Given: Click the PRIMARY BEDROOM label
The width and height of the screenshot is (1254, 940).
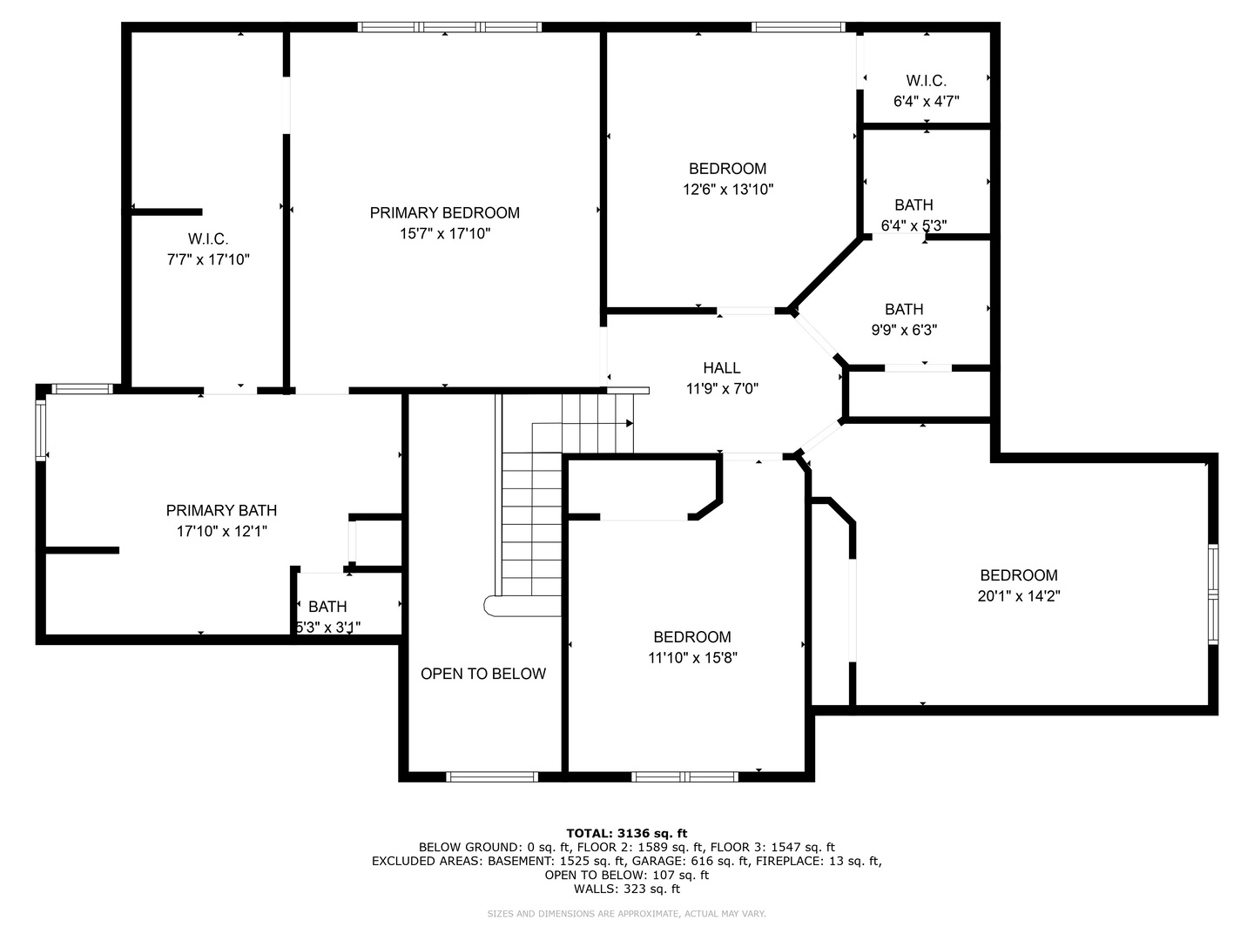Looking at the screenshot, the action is coord(444,213).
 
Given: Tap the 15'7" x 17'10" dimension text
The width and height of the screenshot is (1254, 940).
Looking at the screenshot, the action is coord(445,233).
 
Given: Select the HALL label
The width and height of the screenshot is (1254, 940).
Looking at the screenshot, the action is coord(722,368).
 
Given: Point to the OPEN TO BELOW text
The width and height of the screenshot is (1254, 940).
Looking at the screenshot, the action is coord(483,674).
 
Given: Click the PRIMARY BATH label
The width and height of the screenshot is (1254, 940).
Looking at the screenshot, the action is coord(222,510).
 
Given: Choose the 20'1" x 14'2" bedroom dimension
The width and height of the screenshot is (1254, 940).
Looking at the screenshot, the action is coord(1019,596).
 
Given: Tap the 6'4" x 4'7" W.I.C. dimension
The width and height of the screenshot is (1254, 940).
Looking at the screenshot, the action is coord(926,102).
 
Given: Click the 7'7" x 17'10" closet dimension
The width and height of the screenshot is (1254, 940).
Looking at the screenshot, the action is coord(208,259).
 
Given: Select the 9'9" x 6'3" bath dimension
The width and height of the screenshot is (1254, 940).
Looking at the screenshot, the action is coord(904,330).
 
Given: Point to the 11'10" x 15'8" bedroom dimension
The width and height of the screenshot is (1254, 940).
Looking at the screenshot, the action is coord(692,658).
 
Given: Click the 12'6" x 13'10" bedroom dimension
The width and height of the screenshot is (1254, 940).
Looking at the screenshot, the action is coord(728,190).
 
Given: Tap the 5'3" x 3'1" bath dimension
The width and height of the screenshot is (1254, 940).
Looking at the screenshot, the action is coord(328,628).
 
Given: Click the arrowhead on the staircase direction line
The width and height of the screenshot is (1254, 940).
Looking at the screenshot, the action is coord(630,424).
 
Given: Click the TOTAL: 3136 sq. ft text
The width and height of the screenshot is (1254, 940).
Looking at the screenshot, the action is coord(627,833).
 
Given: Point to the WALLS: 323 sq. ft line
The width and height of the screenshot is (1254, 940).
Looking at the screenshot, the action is coord(627,889).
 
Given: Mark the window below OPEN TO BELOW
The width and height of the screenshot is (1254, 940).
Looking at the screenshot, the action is coord(492,776).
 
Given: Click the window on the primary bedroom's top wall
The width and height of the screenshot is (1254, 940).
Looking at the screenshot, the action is coord(449,27).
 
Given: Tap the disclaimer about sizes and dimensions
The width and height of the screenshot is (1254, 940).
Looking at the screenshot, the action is coord(626,914).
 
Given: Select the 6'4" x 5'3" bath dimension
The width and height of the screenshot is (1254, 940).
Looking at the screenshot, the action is coord(914,226).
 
